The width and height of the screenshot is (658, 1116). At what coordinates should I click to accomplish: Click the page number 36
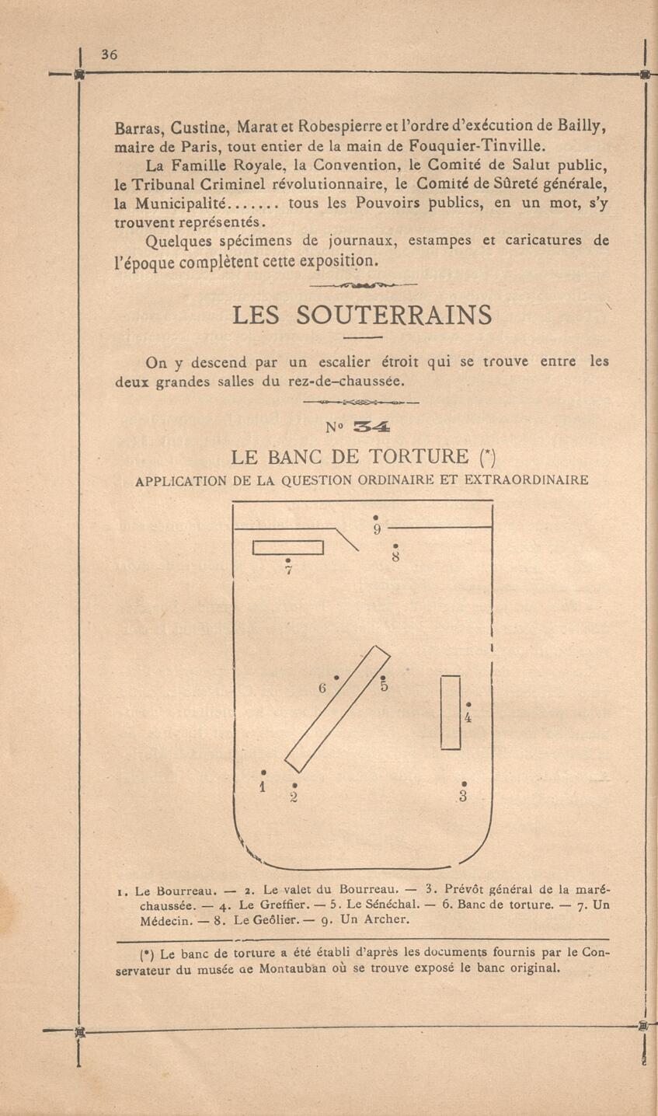109,54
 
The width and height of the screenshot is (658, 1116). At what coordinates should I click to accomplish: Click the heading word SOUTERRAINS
394,315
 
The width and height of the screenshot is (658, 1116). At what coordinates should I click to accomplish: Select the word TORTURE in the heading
418,456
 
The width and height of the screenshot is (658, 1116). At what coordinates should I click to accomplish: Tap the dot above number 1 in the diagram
263,772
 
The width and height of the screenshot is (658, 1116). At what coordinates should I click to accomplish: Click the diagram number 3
464,796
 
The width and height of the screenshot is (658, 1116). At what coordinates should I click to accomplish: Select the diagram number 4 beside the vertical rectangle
468,717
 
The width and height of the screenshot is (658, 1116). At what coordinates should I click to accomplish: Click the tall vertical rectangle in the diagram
451,713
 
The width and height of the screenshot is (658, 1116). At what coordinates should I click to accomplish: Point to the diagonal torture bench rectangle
338,709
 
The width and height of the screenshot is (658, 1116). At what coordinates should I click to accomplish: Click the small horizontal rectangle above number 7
287,547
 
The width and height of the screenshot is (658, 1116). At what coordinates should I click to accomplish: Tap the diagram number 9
376,530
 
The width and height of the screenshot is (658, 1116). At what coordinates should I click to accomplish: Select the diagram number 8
395,556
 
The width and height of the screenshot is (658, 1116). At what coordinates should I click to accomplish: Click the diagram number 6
323,688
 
